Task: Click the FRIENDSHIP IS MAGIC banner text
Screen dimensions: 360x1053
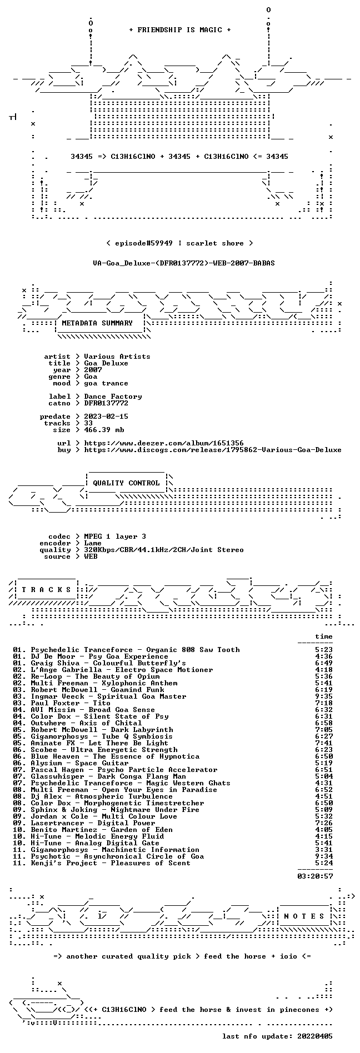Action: [179, 30]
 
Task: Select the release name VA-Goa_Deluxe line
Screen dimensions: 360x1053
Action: [184, 263]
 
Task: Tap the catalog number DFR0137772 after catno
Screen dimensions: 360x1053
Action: [106, 403]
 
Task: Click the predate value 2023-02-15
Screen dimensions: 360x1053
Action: [106, 417]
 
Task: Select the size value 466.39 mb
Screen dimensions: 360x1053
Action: [104, 430]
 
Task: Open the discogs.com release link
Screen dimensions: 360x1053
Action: [213, 450]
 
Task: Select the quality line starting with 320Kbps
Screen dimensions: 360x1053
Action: [164, 550]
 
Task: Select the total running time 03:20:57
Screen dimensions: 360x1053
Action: [315, 876]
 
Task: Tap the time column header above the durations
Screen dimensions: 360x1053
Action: [324, 636]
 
